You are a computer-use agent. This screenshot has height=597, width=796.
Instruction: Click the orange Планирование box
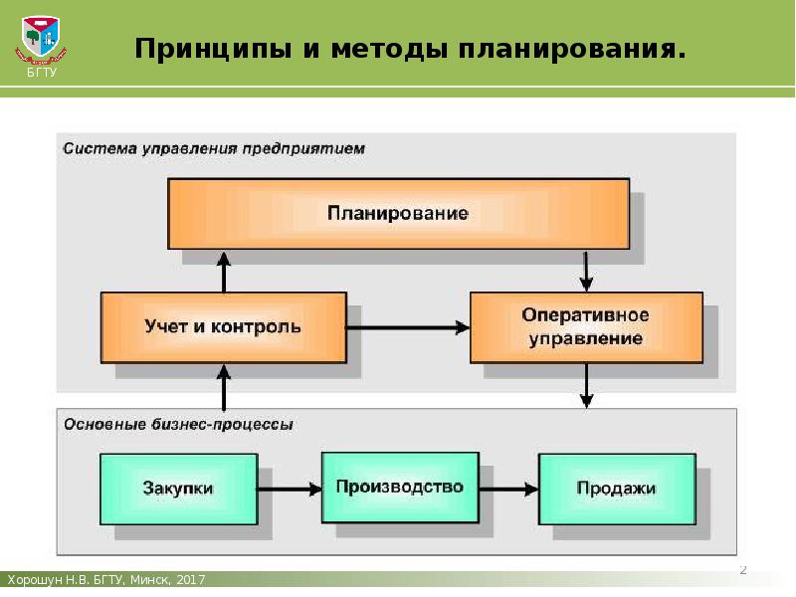point(398,213)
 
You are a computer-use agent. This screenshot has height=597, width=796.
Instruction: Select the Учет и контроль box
point(223,326)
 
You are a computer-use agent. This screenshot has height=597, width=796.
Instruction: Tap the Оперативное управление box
point(585,326)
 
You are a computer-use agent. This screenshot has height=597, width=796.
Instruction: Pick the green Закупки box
point(179,489)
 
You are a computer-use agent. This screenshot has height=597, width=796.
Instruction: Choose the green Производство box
point(400,487)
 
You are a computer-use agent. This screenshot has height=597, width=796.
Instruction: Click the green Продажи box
point(616,489)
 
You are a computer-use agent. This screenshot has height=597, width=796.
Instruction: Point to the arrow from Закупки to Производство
point(290,489)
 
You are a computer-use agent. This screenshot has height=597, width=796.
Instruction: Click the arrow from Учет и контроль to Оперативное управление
point(408,326)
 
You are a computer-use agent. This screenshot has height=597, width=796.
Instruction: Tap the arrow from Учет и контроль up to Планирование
point(224,271)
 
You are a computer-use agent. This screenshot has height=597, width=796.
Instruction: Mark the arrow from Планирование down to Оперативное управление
point(587,269)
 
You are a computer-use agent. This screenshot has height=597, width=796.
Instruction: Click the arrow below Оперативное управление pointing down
point(587,385)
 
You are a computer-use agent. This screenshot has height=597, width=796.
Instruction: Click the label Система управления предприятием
point(214,148)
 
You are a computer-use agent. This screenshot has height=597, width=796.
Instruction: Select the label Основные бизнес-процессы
point(179,424)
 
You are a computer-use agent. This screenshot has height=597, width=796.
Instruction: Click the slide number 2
point(742,570)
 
